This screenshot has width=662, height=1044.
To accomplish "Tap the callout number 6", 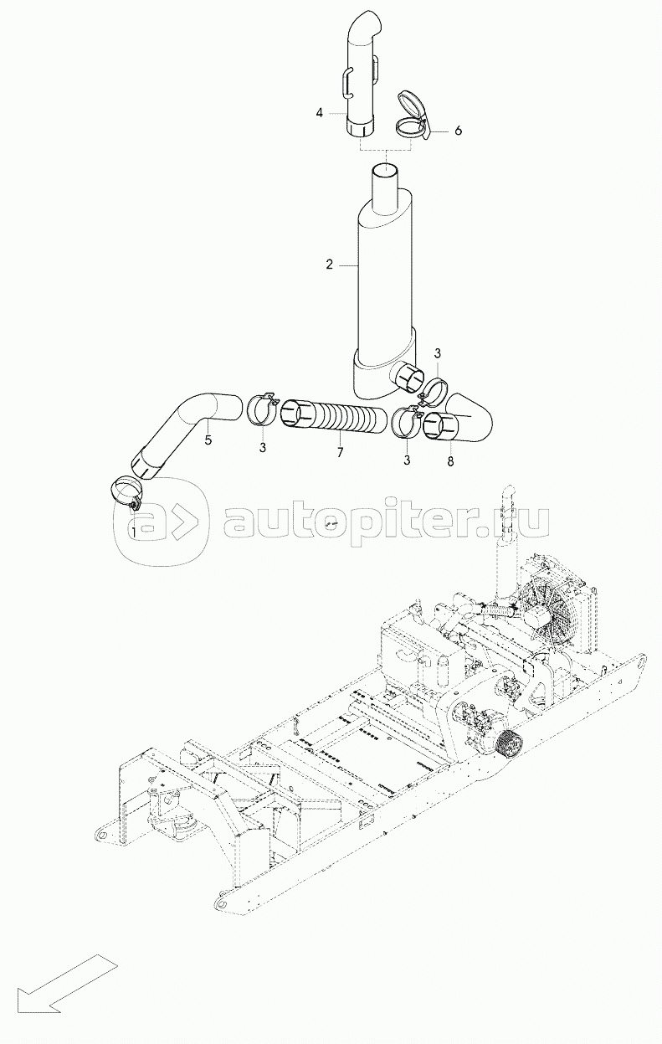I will pos(458,131).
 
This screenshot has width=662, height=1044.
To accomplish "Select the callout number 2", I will pos(330,265).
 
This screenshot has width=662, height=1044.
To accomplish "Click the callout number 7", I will pos(340,453).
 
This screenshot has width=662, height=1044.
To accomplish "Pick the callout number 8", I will pos(450,461).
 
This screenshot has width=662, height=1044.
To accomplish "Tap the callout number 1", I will pos(133,531).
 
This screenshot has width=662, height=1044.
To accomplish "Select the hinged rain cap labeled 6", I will pos(412,118).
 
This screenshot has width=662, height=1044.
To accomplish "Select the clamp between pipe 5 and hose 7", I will pos(262,409).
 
